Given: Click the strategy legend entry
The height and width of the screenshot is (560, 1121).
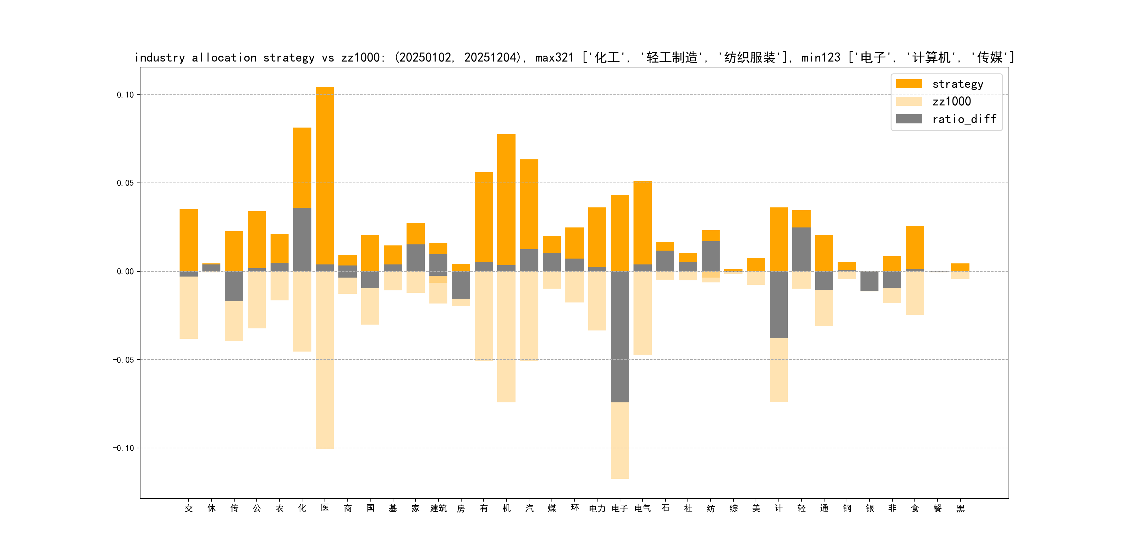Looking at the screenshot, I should (x=957, y=84).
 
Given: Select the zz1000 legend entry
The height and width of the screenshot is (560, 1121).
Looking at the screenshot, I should (x=951, y=102).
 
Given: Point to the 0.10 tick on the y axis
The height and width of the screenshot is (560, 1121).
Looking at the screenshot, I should (x=125, y=95).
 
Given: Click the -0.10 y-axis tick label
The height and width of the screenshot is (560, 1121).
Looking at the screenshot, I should (x=124, y=448).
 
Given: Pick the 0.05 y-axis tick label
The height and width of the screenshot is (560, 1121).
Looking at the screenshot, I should (x=125, y=183).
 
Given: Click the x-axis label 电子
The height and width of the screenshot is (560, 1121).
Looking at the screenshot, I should (x=620, y=508).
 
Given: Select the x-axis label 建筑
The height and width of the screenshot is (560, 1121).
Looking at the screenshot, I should (x=438, y=508).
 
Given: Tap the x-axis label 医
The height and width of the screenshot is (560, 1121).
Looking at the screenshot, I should (x=325, y=508).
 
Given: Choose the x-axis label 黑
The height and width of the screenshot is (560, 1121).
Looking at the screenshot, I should (x=960, y=508).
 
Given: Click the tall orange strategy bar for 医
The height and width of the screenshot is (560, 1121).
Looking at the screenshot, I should (x=325, y=174).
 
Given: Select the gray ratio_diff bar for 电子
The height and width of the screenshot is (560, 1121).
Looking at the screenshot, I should (x=620, y=337).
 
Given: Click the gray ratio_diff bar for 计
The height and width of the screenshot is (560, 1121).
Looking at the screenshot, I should (x=778, y=304).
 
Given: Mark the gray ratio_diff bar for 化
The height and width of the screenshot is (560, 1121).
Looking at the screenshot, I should (x=302, y=239).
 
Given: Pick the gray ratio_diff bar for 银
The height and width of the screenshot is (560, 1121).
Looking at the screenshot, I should (x=869, y=281).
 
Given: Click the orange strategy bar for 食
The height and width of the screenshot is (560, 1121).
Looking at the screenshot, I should (x=915, y=247).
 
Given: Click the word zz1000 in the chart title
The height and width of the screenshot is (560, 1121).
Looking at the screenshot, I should (x=360, y=58).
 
